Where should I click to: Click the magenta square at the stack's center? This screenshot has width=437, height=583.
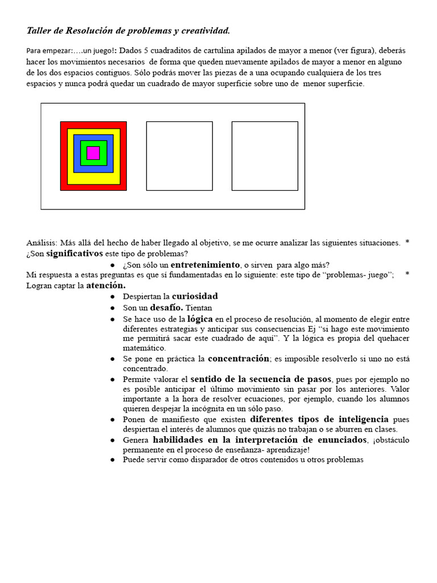coord(93,153)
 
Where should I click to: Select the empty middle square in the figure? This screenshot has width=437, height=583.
coord(179,155)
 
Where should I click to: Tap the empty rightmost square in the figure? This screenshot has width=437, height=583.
coord(265,155)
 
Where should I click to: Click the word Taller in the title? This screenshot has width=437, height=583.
coord(39,30)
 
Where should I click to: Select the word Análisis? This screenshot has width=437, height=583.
coord(41,243)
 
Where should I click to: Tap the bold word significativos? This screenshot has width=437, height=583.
coord(75,253)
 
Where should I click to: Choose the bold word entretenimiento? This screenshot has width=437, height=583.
coord(205,265)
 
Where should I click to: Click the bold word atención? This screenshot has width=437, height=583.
coord(106,285)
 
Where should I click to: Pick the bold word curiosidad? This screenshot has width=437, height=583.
coord(195,296)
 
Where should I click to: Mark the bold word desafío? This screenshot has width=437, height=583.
coord(166,307)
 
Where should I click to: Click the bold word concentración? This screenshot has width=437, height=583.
coord(238,359)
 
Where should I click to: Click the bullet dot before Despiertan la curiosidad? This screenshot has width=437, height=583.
coord(113,297)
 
